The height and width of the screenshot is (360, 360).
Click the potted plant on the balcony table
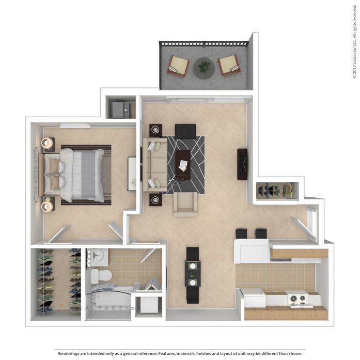point(204,67)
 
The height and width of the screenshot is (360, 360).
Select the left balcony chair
point(178,66)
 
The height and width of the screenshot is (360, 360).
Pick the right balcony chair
point(228,65)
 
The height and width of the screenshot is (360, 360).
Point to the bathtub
point(112,300)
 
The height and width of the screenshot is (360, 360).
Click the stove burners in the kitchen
point(297,298)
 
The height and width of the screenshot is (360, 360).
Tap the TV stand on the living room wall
point(242,164)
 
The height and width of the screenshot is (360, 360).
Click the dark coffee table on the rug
point(183,164)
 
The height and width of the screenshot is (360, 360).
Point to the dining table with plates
point(193,274)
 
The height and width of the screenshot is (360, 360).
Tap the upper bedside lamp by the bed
point(48,143)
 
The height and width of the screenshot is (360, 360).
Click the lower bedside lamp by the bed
point(47,206)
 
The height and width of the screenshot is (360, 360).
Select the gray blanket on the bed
point(88,175)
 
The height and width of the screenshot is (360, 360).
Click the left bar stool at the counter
point(242,233)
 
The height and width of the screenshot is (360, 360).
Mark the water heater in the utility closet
point(118,109)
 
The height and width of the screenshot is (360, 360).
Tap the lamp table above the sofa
point(155,130)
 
